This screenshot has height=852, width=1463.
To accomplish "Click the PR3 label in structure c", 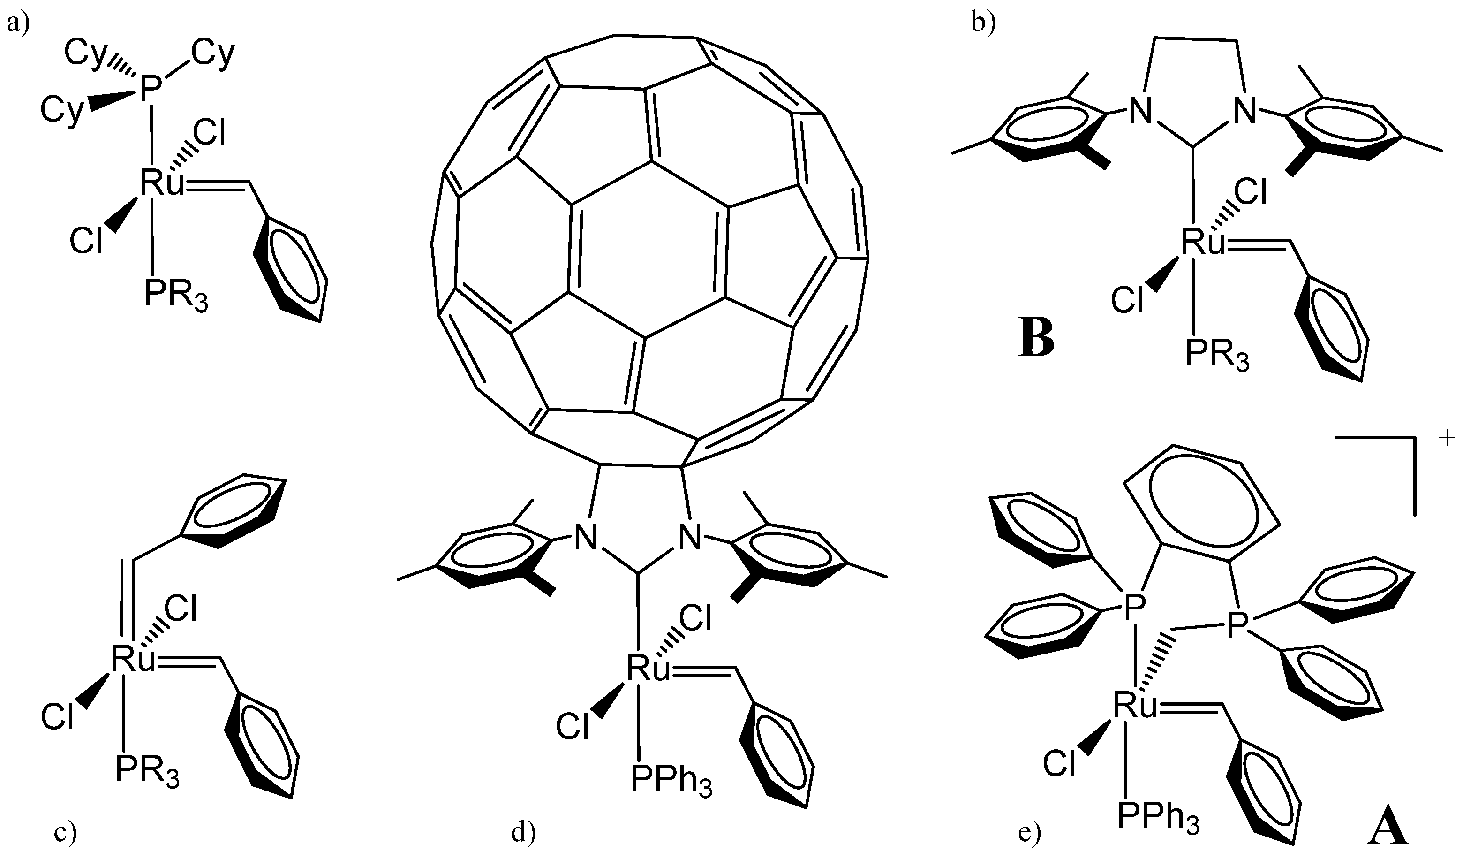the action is pos(147,771).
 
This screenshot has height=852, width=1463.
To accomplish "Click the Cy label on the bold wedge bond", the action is pos(61,110).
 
